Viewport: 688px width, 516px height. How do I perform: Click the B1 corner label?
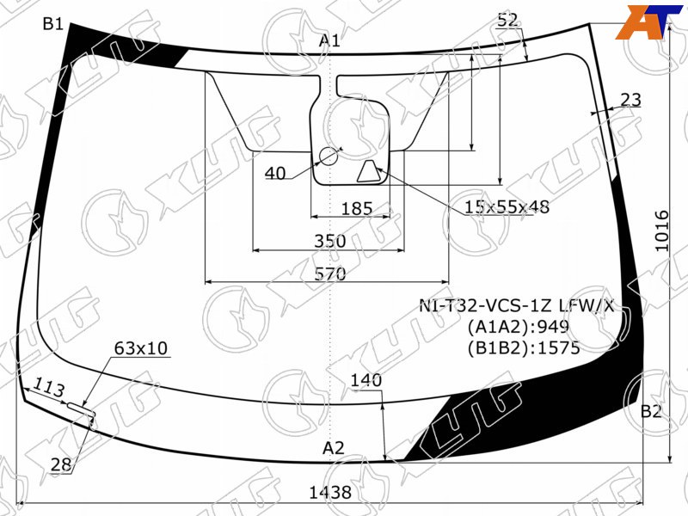(x=53, y=24)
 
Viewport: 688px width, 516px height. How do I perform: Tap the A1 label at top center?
(x=329, y=40)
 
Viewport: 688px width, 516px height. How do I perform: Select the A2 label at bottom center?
(x=334, y=448)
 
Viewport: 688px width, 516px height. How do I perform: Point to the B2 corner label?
(x=651, y=411)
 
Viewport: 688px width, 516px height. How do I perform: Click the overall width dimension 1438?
(x=330, y=492)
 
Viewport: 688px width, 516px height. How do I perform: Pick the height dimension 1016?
(x=662, y=230)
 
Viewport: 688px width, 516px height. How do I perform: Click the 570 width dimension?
(x=330, y=274)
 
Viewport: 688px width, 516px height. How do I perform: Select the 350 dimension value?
(x=330, y=242)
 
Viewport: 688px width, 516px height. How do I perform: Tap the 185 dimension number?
(x=357, y=208)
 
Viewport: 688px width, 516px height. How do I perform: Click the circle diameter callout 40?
(x=275, y=174)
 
